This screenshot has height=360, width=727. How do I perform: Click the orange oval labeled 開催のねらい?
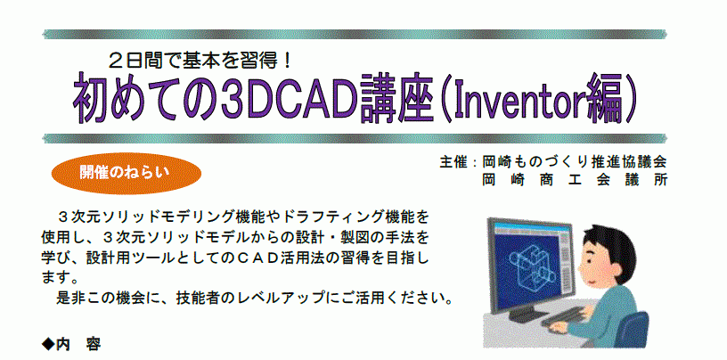coord(126,173)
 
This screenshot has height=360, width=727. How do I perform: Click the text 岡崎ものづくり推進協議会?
coord(574,162)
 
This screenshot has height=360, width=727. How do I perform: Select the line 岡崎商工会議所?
coord(574,179)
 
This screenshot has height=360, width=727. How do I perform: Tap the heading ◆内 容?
coord(71,344)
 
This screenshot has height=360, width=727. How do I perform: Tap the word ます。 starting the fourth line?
coord(59,277)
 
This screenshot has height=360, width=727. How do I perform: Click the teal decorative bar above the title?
coord(355,35)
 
